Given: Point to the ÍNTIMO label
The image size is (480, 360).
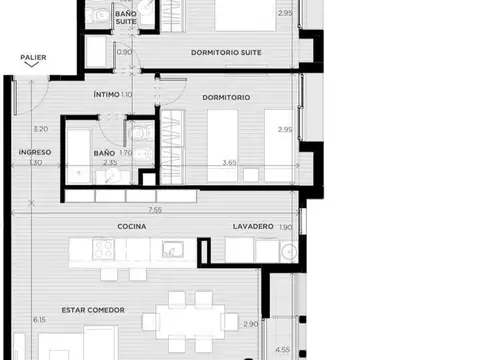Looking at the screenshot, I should tap(107, 95).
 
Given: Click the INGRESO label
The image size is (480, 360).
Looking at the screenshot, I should tap(33, 152).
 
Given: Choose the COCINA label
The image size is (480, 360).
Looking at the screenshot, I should tap(132, 227).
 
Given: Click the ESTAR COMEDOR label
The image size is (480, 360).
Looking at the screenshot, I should tap(93, 310).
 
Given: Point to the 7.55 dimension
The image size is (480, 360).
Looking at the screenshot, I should tap(154, 210).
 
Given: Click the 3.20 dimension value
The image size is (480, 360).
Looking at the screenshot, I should tap(40, 129).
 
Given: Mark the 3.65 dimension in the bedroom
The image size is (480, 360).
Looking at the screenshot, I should tap(230, 162).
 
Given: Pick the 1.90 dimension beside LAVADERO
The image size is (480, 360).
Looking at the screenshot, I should tap(286, 227).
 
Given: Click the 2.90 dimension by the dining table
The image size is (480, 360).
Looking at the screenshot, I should tap(251, 325).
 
